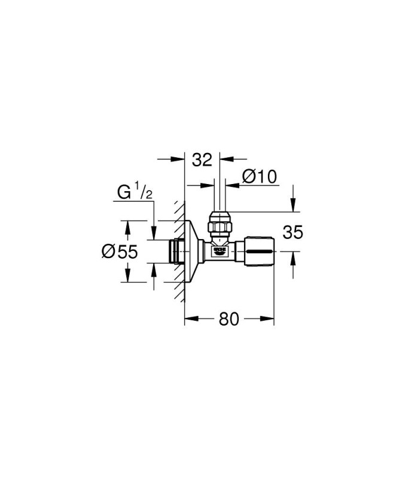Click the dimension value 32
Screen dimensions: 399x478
point(202,160)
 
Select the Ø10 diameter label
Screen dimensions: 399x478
point(260,176)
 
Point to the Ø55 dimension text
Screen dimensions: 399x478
point(120,252)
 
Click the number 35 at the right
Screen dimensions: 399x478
point(293,232)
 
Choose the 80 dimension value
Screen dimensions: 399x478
point(229,319)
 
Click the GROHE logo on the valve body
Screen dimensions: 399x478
point(220,250)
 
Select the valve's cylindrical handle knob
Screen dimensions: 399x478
point(259,252)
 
